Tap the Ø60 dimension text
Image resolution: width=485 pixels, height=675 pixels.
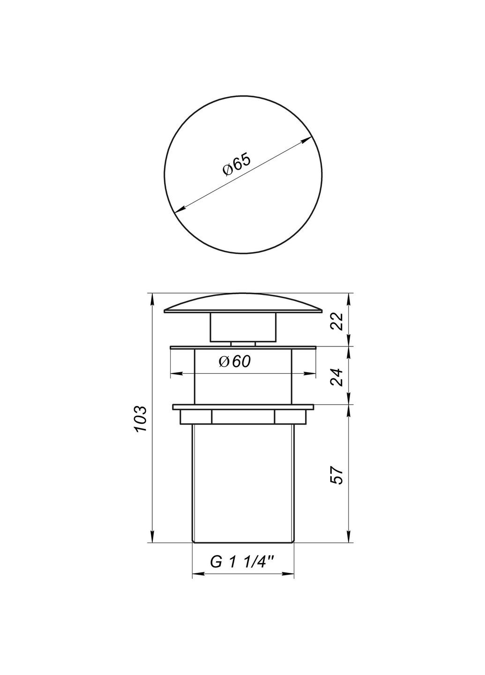point(235,361)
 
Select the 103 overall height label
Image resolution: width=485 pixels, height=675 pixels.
point(142,419)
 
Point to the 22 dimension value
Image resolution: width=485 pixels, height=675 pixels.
point(338,321)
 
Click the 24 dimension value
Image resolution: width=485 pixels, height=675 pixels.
point(338,376)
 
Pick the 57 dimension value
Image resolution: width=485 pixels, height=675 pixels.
point(338,475)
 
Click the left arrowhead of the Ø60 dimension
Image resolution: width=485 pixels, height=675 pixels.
point(176,374)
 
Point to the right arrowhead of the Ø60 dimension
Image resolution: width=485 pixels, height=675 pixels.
point(311,374)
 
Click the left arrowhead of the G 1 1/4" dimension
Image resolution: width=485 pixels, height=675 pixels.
point(198,574)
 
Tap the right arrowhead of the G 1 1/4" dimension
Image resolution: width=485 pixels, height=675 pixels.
point(289,574)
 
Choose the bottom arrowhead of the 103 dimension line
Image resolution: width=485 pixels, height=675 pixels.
point(152,537)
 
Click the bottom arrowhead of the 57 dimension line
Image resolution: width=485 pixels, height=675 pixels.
point(349,537)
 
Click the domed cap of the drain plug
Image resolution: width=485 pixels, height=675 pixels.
point(243,304)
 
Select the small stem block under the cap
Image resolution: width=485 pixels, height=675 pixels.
point(243,328)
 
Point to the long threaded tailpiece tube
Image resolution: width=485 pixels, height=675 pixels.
point(243,483)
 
